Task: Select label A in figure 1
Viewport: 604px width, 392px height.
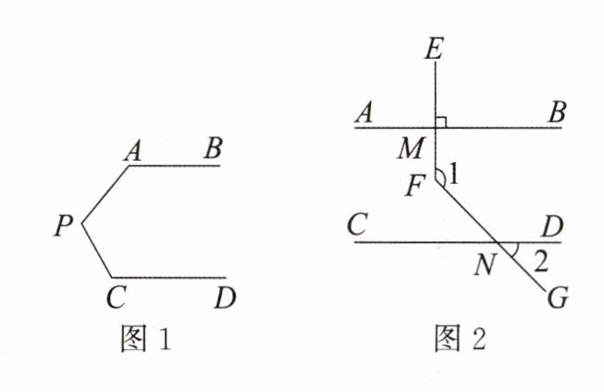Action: [133, 151]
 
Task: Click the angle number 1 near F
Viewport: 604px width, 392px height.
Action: [454, 179]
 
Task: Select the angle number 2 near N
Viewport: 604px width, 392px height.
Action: [540, 262]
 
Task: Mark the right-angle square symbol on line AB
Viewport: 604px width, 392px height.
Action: [441, 121]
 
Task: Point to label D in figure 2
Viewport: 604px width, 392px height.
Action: [549, 224]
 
